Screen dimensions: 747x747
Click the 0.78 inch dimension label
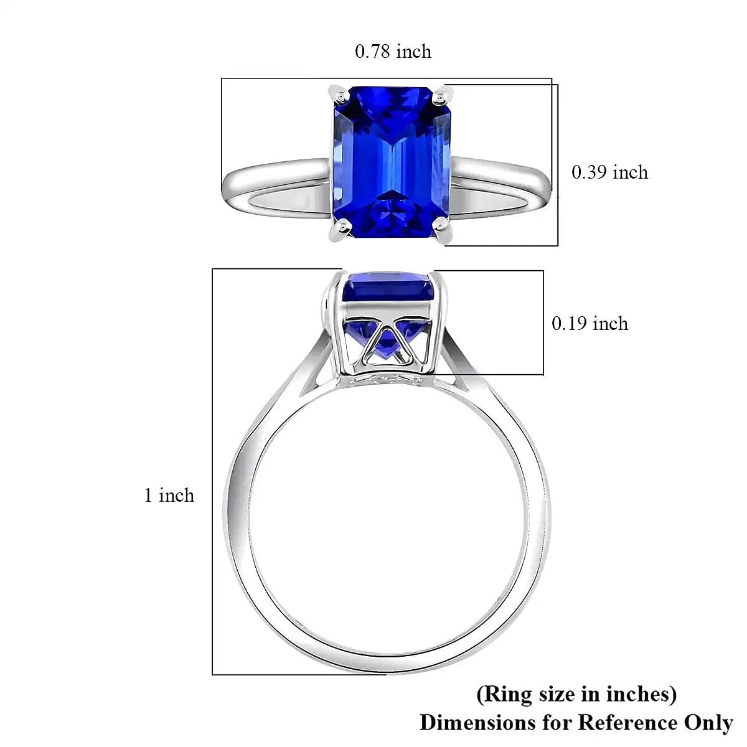click(393, 51)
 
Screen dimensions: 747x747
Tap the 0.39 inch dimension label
click(609, 172)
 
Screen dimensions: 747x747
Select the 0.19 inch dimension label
click(590, 323)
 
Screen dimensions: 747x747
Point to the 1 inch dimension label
click(169, 496)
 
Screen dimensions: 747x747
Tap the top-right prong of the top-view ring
click(441, 96)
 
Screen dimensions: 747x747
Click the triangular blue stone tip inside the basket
click(387, 342)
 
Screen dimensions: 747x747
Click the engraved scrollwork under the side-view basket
click(389, 380)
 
